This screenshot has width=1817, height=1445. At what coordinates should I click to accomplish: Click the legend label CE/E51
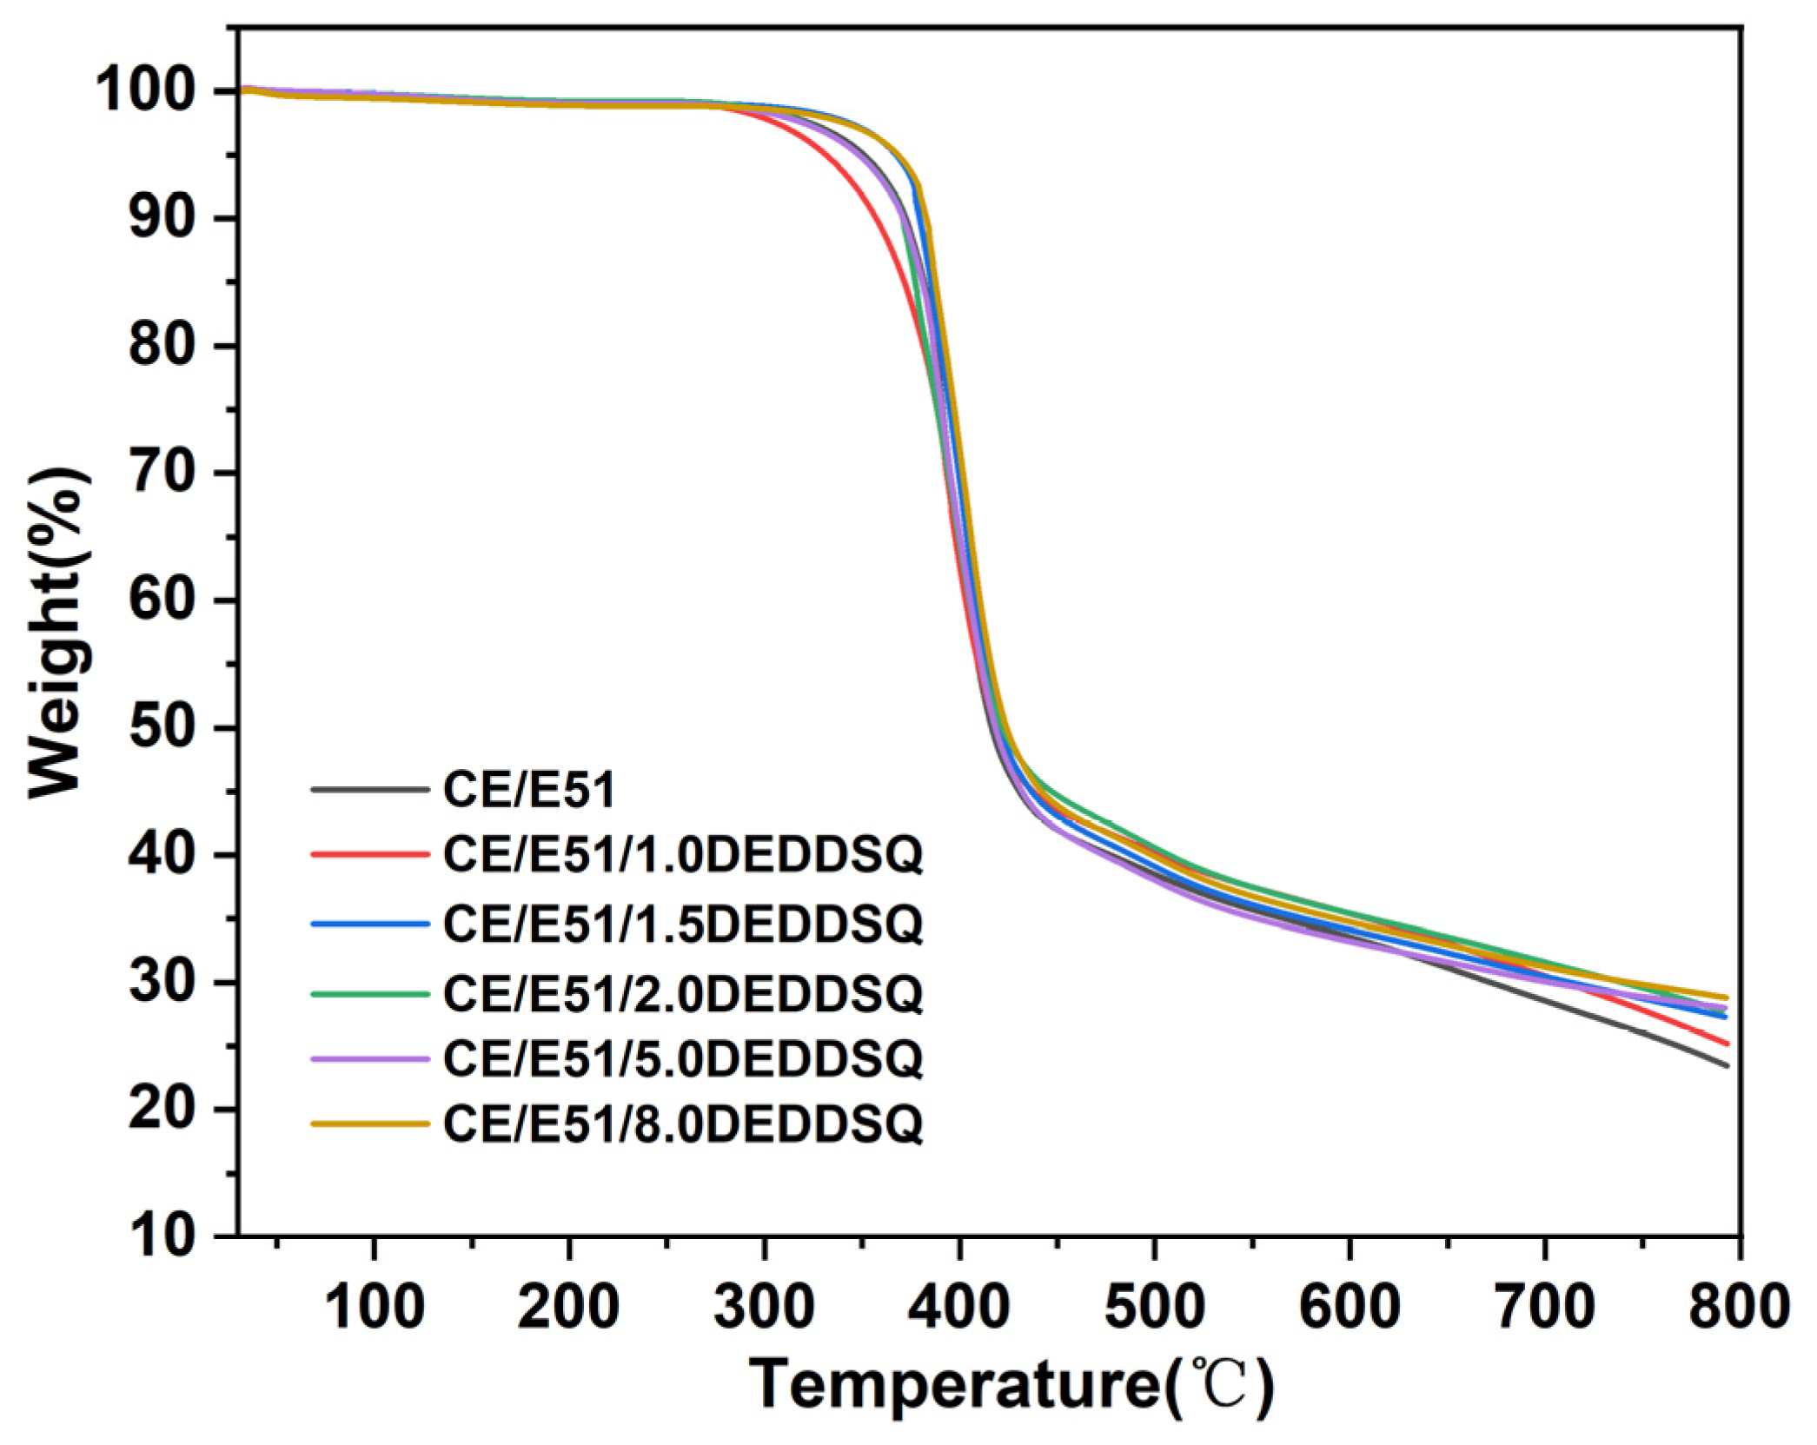528,790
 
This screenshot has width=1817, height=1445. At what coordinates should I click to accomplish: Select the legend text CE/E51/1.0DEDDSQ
682,855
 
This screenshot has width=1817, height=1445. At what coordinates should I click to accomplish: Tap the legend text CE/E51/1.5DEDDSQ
682,923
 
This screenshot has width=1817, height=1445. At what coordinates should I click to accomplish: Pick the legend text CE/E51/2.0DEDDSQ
682,992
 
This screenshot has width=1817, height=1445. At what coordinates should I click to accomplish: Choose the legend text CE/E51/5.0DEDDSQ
682,1057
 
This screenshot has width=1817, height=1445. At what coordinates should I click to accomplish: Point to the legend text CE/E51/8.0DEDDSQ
682,1124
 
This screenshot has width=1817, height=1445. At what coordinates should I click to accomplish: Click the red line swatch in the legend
369,855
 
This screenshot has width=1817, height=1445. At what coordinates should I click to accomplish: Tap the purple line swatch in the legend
369,1058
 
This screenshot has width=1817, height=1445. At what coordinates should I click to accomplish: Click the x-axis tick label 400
958,1305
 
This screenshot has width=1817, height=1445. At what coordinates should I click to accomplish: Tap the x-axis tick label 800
1737,1305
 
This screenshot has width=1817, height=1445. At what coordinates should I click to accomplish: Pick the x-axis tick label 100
374,1305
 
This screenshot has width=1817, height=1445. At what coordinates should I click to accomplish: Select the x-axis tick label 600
1349,1305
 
